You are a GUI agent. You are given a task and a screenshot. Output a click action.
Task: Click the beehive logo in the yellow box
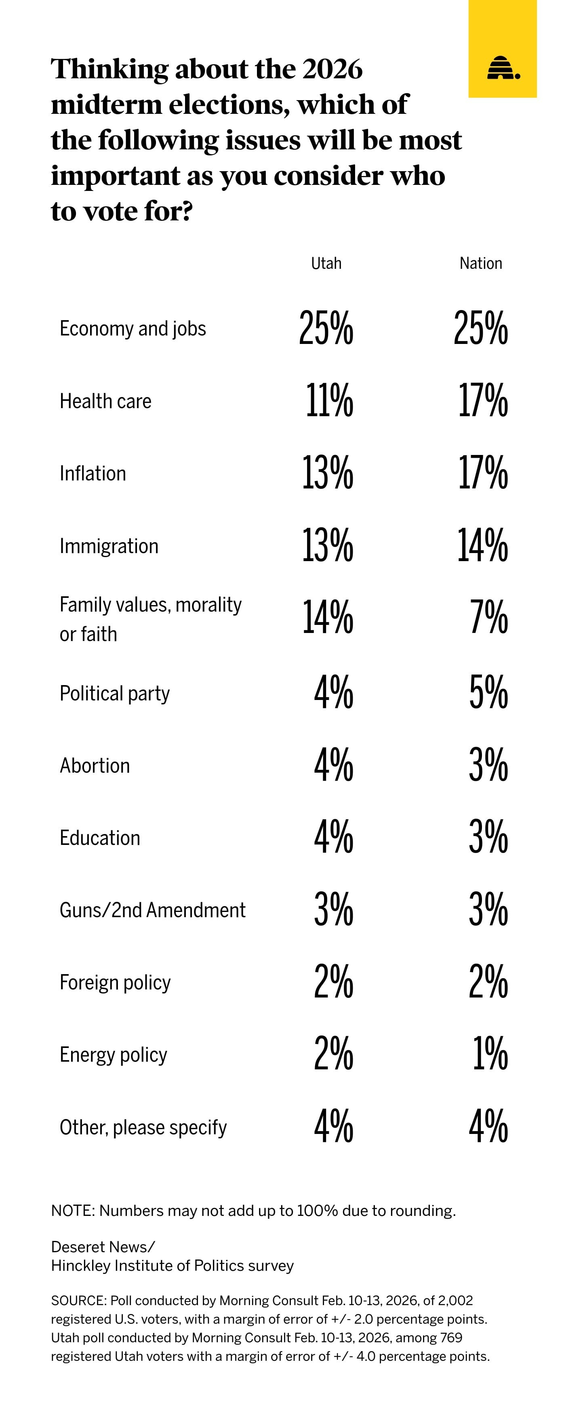point(503,68)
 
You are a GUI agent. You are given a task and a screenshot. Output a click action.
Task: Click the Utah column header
point(326,263)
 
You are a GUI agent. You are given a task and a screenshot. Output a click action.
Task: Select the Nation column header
point(480,263)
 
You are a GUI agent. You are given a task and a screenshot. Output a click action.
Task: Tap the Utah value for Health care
point(329,400)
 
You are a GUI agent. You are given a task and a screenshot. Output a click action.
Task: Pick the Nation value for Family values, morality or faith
point(489,617)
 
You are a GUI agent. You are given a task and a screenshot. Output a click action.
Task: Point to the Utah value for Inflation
point(327,473)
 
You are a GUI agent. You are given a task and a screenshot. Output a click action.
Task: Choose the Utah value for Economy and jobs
point(326,328)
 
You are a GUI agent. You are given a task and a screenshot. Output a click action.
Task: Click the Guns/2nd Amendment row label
point(152,910)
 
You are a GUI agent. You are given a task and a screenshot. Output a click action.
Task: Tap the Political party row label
point(115,694)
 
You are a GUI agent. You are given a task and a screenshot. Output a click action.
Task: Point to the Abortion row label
point(95,766)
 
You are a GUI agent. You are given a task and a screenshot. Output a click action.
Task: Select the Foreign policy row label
point(115,983)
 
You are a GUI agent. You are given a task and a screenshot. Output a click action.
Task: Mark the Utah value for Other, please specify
point(333,1126)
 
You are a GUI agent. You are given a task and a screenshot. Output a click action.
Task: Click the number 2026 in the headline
point(332,69)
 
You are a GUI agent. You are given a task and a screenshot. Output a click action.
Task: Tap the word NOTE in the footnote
point(72,1211)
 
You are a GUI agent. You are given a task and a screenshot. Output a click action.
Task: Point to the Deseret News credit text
point(103,1247)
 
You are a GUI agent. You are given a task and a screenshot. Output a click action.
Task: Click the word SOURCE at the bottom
point(78,1301)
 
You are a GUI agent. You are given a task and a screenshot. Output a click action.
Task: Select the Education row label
point(100,838)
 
